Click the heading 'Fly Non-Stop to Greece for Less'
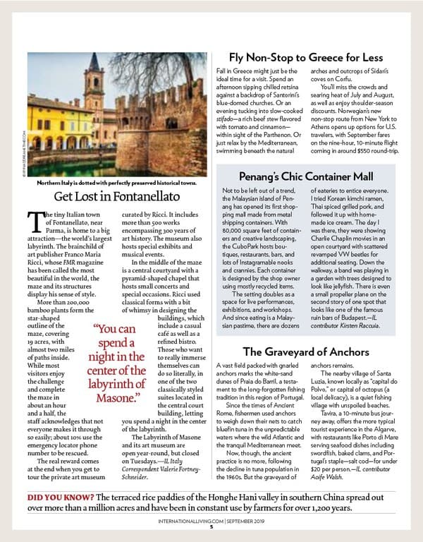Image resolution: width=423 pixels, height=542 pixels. pos(305,57)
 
